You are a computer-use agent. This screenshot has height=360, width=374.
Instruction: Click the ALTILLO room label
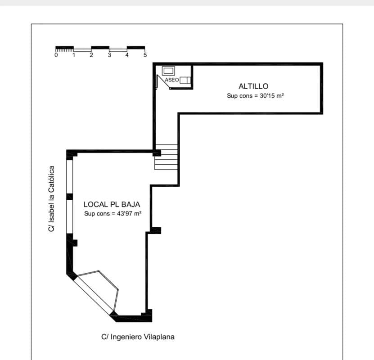253,86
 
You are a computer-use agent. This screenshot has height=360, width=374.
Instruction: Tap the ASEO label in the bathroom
172,80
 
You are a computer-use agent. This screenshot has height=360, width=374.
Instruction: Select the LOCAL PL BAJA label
112,204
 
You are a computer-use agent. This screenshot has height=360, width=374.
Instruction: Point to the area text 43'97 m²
129,213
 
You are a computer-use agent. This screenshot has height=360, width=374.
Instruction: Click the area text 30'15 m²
272,95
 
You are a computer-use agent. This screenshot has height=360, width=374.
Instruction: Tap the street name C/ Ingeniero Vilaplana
138,337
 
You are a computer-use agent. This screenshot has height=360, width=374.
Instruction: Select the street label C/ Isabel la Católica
51,198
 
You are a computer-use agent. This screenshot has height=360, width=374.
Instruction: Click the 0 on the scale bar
56,55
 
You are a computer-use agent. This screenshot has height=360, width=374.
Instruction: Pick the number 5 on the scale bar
145,55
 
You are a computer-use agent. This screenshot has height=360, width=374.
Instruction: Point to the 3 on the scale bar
109,55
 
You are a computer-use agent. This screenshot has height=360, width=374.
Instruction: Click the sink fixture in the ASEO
168,71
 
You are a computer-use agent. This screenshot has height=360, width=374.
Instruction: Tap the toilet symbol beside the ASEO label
185,80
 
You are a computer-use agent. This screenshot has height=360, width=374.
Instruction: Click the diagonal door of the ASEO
163,82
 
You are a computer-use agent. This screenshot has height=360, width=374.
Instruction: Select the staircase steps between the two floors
166,157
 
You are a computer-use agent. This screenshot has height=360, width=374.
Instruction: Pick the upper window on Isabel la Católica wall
69,176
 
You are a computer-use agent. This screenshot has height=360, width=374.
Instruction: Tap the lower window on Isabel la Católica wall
69,216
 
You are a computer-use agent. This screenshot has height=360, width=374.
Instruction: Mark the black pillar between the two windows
69,197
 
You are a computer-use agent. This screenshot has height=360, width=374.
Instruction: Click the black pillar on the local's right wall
156,230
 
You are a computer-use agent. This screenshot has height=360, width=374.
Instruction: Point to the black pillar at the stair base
157,153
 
